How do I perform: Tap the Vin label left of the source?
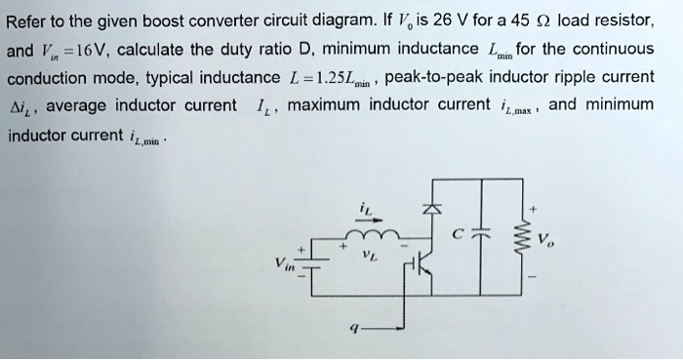coord(284,265)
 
